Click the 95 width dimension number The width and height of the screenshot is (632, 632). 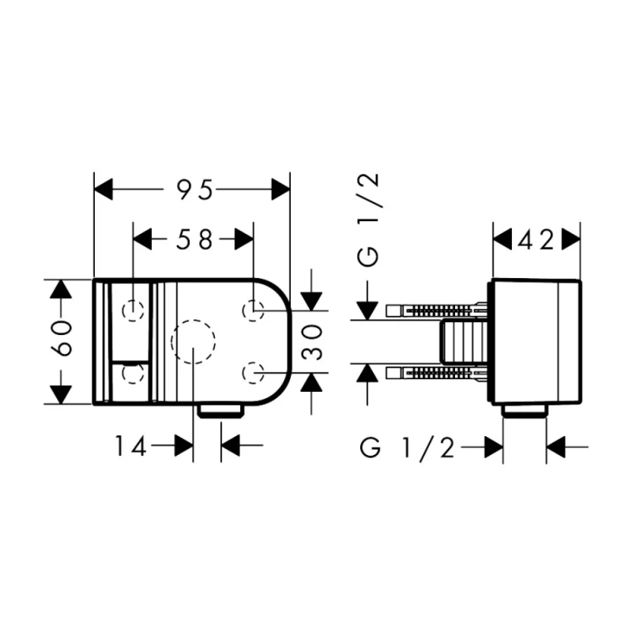click(x=195, y=190)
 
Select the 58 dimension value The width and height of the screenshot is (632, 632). click(x=194, y=239)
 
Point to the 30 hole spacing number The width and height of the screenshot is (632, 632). click(x=312, y=342)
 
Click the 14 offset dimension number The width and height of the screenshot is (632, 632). click(x=130, y=446)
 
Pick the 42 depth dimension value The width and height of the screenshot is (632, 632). click(x=536, y=241)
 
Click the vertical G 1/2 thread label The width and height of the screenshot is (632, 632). click(x=368, y=220)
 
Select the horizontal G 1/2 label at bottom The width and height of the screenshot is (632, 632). click(x=407, y=447)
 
